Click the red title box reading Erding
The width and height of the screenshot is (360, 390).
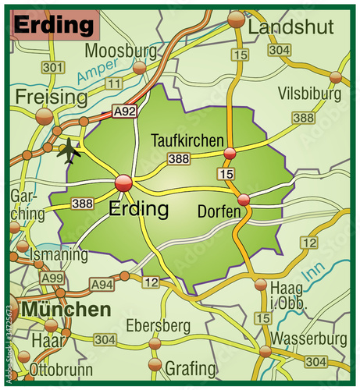pos(55,25)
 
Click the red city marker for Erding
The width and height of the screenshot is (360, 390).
pos(123,183)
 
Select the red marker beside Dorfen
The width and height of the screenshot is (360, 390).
pos(244,200)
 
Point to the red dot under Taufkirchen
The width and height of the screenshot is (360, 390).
pos(230,153)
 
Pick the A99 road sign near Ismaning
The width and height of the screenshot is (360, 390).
pos(53,278)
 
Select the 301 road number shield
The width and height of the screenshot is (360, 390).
pos(52,68)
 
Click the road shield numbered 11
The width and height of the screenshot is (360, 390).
pos(116,82)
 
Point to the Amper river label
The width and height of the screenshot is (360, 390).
pos(92,75)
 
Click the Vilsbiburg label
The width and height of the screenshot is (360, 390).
pos(310,94)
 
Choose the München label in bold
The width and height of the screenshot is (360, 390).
pos(66,310)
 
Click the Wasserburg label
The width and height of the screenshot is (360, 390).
pos(310,339)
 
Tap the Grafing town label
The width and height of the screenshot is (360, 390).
pos(191,367)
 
